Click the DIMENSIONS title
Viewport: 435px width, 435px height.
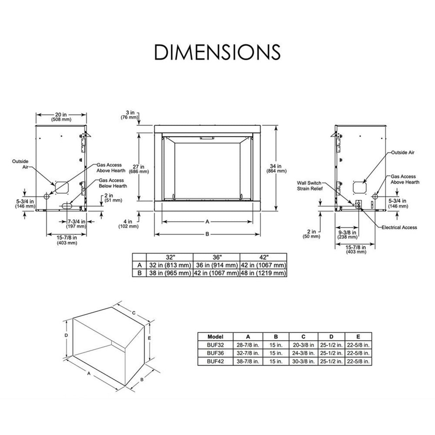pos(217,52)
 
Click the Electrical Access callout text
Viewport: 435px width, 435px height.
pos(399,227)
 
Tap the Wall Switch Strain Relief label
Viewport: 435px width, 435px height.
pos(309,186)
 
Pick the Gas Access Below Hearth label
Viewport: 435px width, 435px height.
pos(113,183)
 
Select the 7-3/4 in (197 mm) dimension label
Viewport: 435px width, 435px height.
pos(77,224)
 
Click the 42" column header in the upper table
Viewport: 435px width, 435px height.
pos(263,257)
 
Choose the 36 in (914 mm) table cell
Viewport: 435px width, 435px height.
pos(216,265)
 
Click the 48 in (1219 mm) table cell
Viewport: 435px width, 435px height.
pos(263,273)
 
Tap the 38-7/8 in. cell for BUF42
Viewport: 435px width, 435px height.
pos(248,362)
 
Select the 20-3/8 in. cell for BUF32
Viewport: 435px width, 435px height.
pos(303,345)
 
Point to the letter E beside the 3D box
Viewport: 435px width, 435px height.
pos(149,338)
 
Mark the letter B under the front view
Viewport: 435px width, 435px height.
pos(207,234)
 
